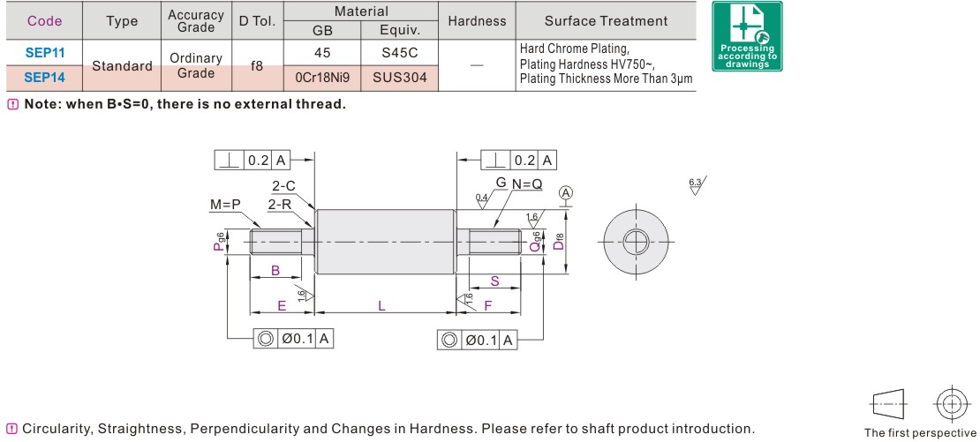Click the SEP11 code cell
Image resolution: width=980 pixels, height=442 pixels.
(x=44, y=53)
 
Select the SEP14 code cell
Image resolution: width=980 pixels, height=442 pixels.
(x=44, y=78)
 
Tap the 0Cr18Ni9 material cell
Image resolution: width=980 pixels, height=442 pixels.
(x=322, y=78)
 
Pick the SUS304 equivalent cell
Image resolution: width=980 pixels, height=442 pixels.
(x=399, y=78)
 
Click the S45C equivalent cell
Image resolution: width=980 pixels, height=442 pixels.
(x=399, y=53)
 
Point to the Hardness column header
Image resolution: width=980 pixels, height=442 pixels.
(x=477, y=21)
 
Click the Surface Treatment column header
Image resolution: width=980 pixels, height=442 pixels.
(x=606, y=21)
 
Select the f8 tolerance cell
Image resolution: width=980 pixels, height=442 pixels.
(x=257, y=65)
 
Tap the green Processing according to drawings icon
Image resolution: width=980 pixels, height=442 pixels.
(x=747, y=36)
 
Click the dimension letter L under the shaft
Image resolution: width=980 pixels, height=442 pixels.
(x=381, y=305)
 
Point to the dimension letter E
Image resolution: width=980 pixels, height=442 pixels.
(x=282, y=305)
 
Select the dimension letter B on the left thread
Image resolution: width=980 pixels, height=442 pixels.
(x=275, y=271)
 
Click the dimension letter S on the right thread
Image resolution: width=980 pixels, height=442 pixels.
(x=494, y=281)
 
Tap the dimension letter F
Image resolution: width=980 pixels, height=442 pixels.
(x=487, y=305)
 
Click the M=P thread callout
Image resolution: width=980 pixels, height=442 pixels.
(x=225, y=205)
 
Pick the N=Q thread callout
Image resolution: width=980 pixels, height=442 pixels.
(x=527, y=185)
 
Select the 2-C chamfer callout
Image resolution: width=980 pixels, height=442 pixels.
(x=283, y=186)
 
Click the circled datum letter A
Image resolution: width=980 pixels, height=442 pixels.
(x=566, y=193)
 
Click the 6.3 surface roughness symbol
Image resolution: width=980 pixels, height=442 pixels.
(x=697, y=185)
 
